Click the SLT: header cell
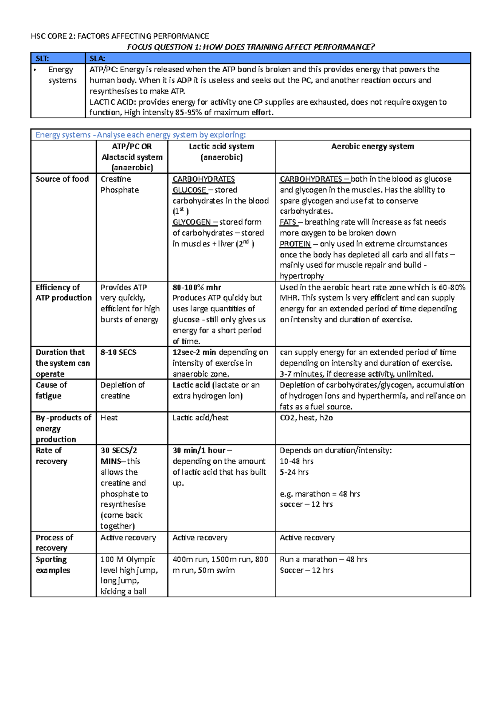point(58,58)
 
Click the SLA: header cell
point(278,58)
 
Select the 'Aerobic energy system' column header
point(372,147)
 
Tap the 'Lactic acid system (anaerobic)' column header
point(221,152)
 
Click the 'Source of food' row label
point(62,179)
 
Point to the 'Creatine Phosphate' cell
point(119,185)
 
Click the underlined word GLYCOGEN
point(192,222)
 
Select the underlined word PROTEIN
point(295,244)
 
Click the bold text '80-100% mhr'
point(197,287)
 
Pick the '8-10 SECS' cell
point(118,352)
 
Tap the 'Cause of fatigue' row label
point(51,390)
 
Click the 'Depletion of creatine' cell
point(122,390)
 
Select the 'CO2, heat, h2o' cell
point(306,418)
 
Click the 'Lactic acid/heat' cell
point(200,418)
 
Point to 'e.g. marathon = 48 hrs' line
point(320,494)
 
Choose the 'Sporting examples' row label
point(53,565)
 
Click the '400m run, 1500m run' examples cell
point(220,565)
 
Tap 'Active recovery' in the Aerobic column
point(307,538)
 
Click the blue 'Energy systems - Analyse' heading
point(141,135)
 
